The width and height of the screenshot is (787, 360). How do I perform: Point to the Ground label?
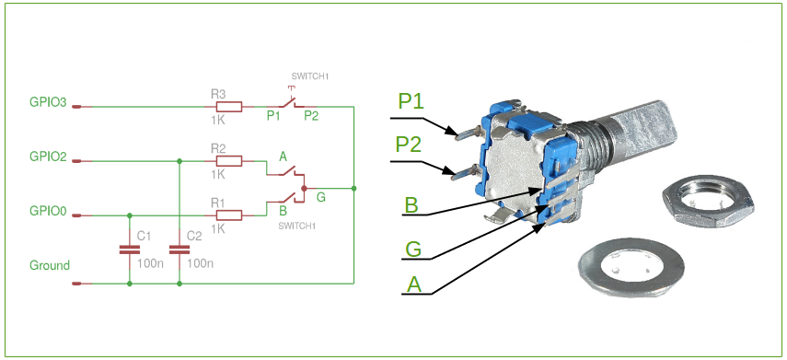[x=50, y=265]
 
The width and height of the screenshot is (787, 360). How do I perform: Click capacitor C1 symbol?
[x=129, y=249]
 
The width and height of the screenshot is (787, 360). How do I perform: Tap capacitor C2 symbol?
[x=179, y=249]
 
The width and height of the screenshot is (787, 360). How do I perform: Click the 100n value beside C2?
[x=200, y=263]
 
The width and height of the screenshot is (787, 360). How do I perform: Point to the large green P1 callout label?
[x=411, y=101]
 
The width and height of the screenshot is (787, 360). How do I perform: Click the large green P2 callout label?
[x=409, y=145]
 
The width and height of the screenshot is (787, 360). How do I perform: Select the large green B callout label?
[x=412, y=204]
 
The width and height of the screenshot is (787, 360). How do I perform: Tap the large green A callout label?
[x=414, y=285]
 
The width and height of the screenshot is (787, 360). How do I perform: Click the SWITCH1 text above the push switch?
[x=309, y=77]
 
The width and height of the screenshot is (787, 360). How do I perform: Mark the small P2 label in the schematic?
[x=311, y=116]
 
